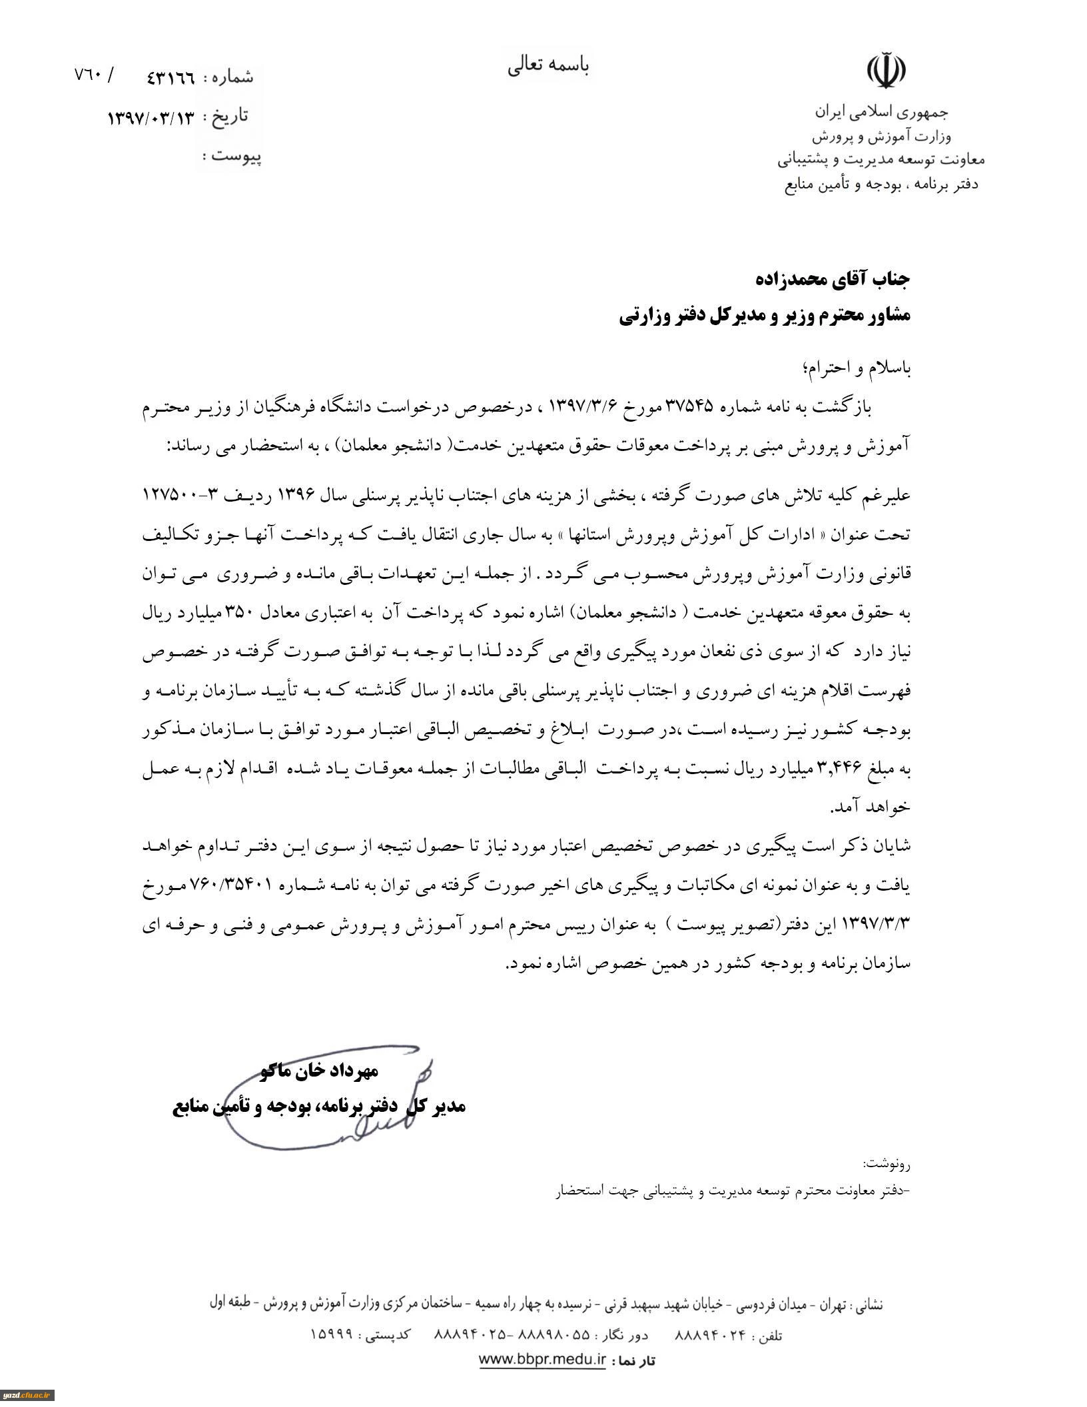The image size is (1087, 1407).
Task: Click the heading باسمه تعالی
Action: pyautogui.click(x=548, y=66)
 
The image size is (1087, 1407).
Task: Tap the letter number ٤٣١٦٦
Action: pyautogui.click(x=171, y=77)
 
